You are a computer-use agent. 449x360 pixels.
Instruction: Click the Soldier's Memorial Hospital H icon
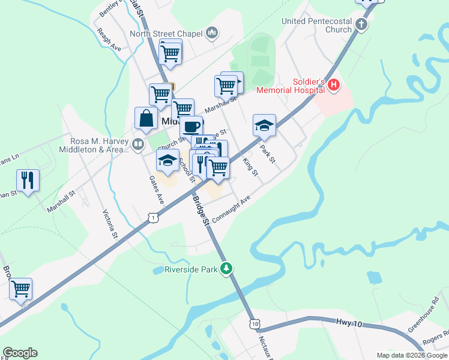tap(334, 87)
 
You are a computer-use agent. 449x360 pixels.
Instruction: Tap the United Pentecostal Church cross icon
tap(361, 25)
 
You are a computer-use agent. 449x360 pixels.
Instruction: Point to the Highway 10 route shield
tap(256, 323)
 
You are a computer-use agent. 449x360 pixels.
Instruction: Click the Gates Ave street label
tap(157, 188)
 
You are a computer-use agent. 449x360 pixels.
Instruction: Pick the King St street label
tap(250, 167)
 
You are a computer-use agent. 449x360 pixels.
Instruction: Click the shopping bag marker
tap(146, 118)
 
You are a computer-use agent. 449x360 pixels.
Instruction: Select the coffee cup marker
tap(191, 127)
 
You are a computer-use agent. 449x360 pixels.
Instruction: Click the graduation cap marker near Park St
tap(264, 125)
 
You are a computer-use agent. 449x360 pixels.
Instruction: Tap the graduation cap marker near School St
tap(168, 161)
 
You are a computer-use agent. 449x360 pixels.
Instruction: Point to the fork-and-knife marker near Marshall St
tap(28, 180)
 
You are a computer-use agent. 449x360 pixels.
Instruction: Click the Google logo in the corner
tap(20, 353)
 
